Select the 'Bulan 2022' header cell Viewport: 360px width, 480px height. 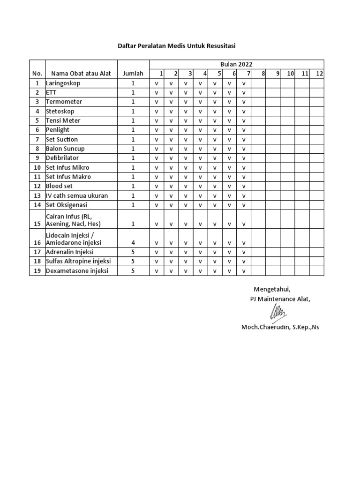coord(236,64)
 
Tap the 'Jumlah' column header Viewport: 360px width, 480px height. coord(133,74)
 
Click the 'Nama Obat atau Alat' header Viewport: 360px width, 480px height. coord(81,74)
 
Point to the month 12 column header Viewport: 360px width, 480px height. coord(319,74)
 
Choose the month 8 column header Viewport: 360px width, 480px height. coord(263,74)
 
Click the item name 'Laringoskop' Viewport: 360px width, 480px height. coord(63,83)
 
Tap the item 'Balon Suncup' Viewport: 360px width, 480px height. coord(65,149)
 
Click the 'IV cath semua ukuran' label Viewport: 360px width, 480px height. coord(77,195)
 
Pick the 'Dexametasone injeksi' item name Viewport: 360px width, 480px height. coord(77,271)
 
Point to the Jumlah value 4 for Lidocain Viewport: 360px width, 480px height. coord(133,243)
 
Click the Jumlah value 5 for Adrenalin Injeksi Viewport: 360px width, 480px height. coord(133,252)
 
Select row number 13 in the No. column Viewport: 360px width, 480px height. coord(37,195)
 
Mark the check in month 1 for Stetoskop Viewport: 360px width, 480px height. coord(157,112)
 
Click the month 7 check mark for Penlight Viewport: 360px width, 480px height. coord(244,130)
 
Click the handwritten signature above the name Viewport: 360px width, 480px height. coord(277,312)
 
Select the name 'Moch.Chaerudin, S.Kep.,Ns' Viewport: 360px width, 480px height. coord(280,327)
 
